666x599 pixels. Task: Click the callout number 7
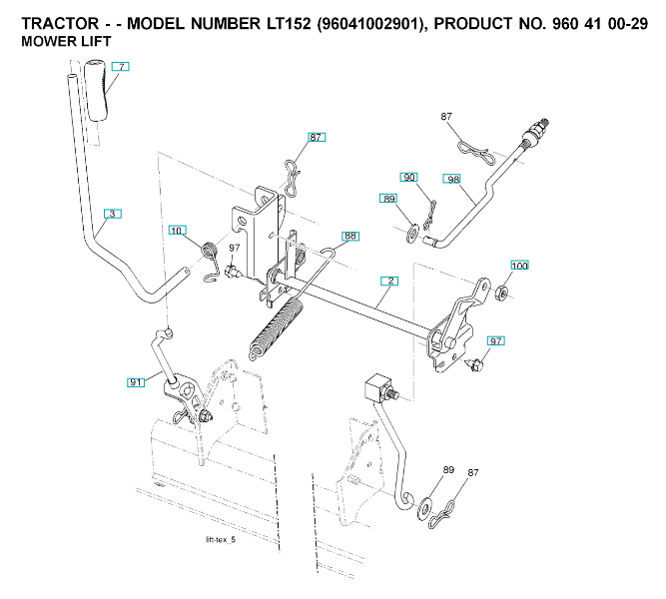120,66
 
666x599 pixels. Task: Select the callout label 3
113,214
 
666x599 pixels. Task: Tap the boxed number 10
177,232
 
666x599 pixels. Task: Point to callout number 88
349,237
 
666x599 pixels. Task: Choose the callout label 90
409,178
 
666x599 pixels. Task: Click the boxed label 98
453,180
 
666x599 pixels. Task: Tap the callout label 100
519,266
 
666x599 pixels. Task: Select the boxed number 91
136,381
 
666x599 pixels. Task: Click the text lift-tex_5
220,540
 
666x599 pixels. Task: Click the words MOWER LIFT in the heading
66,41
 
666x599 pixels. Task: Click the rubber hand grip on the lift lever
97,91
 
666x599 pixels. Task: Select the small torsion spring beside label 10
211,252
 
